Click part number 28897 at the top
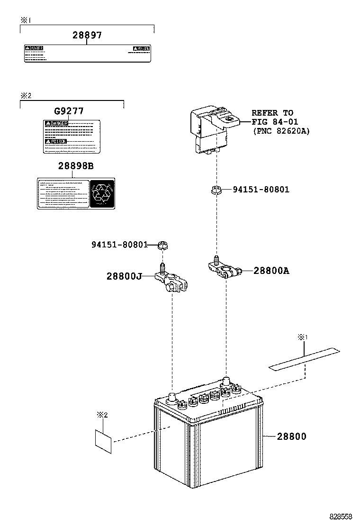[87, 35]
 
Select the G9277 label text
[69, 111]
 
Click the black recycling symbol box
[102, 194]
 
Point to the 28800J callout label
[124, 276]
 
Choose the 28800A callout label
[271, 271]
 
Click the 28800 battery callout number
[292, 436]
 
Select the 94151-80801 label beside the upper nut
[261, 190]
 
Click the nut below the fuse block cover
[216, 191]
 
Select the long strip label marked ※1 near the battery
[304, 359]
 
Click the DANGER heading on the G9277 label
[56, 124]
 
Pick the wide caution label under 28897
[87, 54]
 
